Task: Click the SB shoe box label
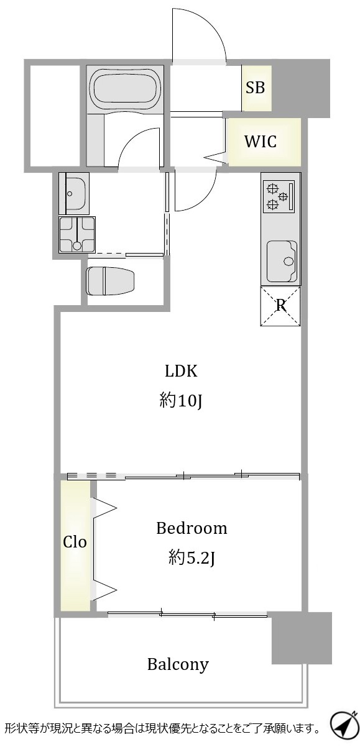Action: pos(256,88)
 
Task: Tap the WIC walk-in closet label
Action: pos(261,142)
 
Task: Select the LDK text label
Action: pos(181,371)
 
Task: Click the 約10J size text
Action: pos(181,401)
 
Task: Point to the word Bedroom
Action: pos(192,528)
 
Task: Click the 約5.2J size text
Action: pos(192,558)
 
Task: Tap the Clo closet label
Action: pos(75,542)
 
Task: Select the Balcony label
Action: pos(178,664)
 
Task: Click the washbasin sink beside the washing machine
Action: pos(74,193)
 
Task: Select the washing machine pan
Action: pos(77,234)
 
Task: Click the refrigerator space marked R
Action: pos(280,306)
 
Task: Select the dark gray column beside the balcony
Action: pos(302,638)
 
